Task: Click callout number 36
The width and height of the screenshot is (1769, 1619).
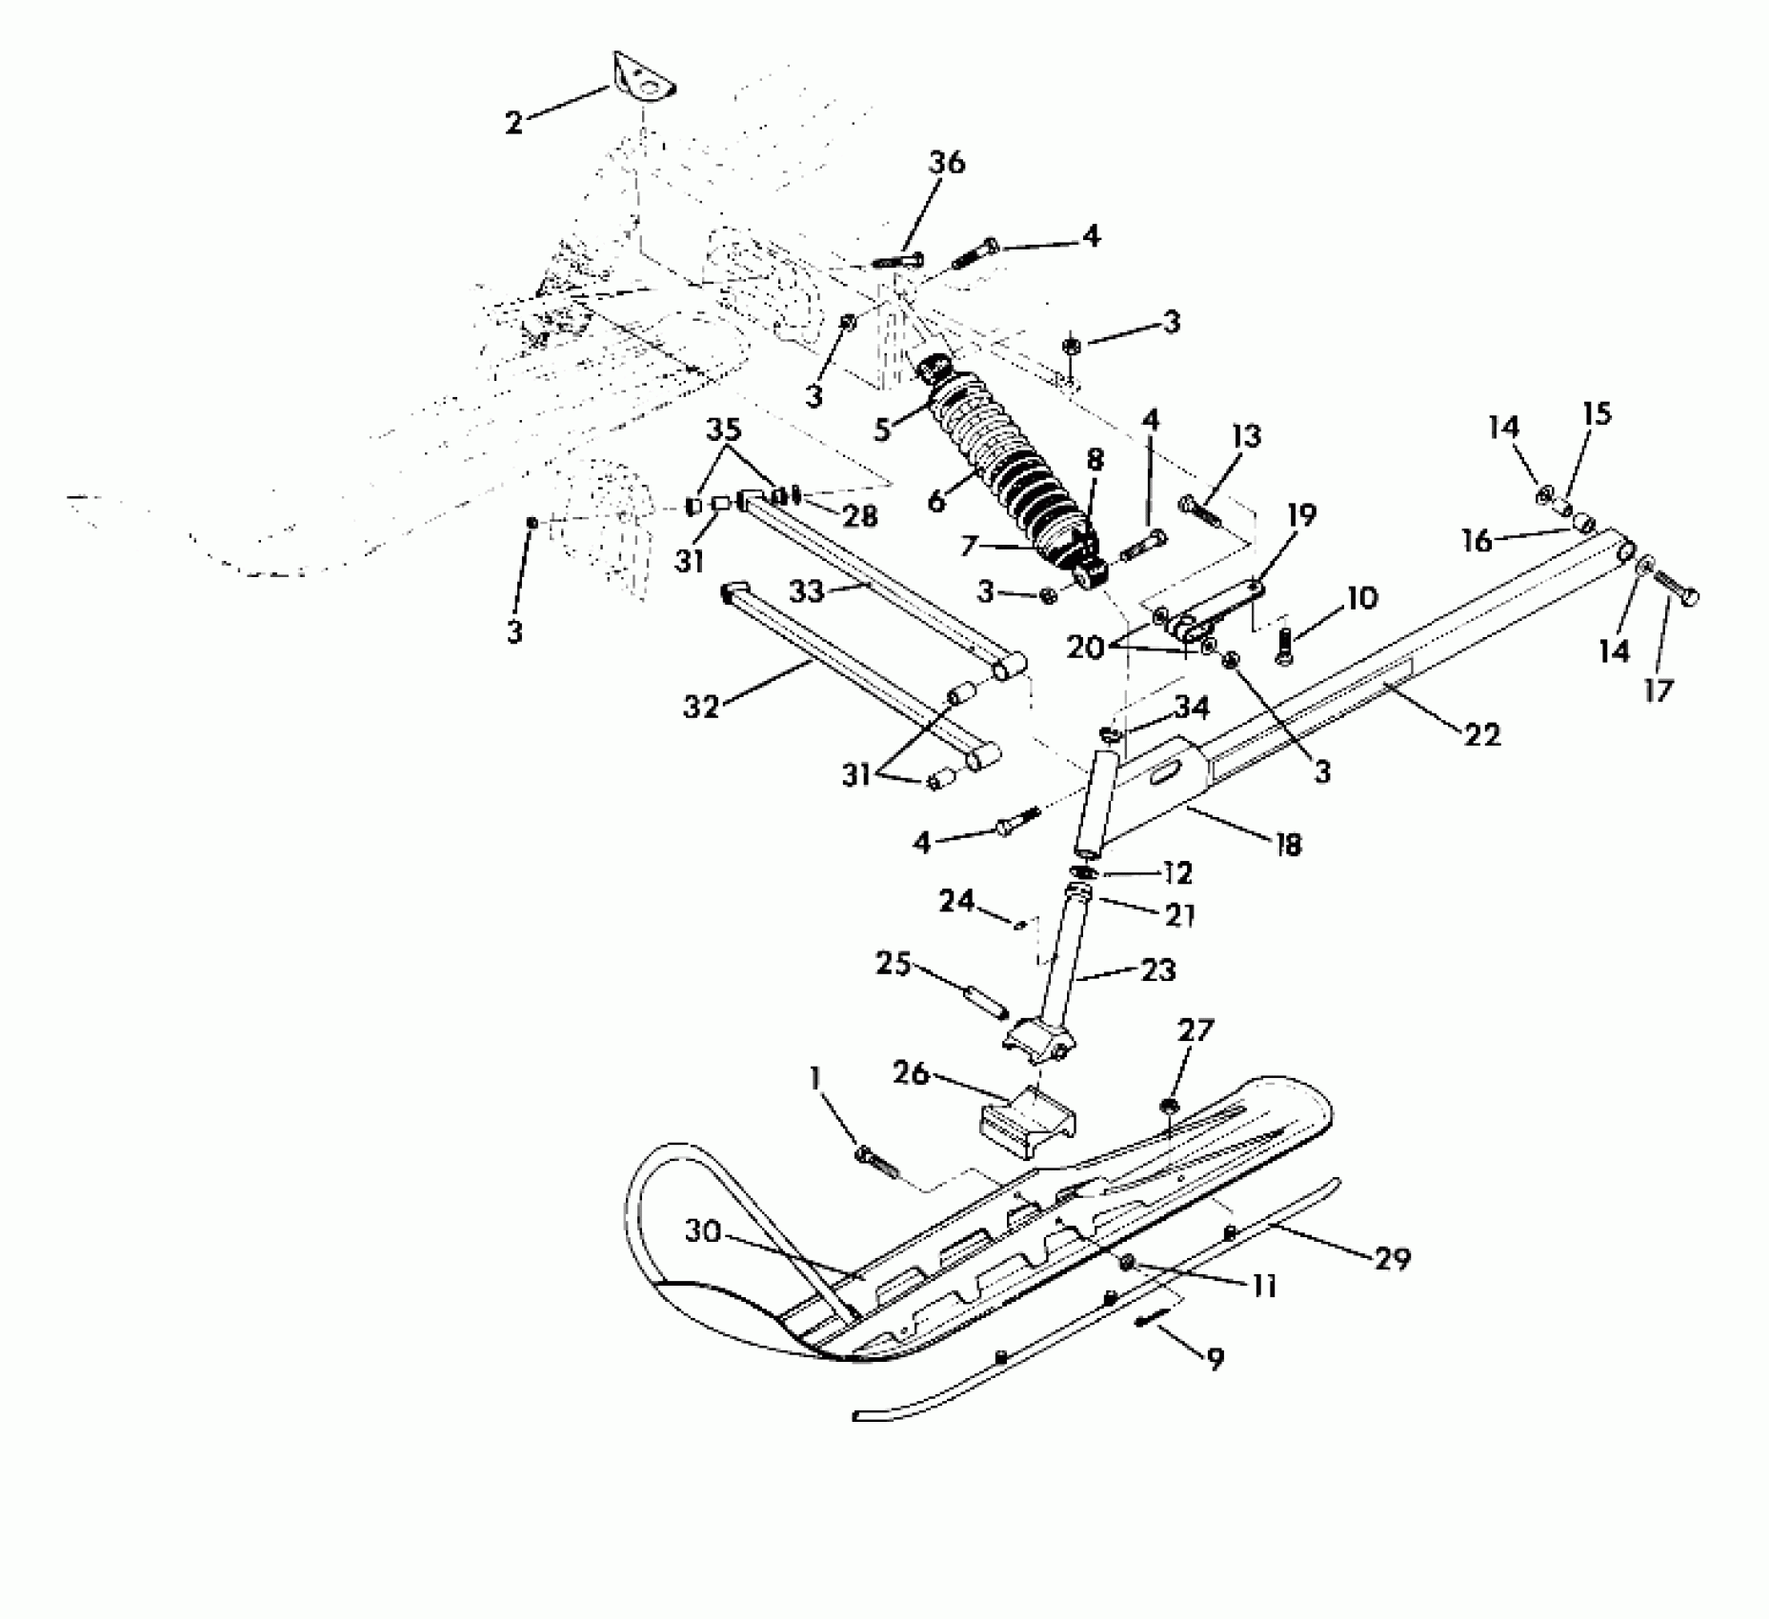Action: pos(946,163)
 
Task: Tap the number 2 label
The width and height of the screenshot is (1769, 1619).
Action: pos(513,123)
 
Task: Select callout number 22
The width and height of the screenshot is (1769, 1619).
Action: pos(1481,734)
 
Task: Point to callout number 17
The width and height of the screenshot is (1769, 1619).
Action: pos(1658,690)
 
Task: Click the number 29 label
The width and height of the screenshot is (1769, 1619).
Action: pos(1392,1258)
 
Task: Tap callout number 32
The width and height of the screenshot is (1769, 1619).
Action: pos(701,707)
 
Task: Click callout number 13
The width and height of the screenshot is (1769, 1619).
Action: pos(1246,437)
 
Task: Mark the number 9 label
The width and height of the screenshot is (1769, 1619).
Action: pos(1215,1359)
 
